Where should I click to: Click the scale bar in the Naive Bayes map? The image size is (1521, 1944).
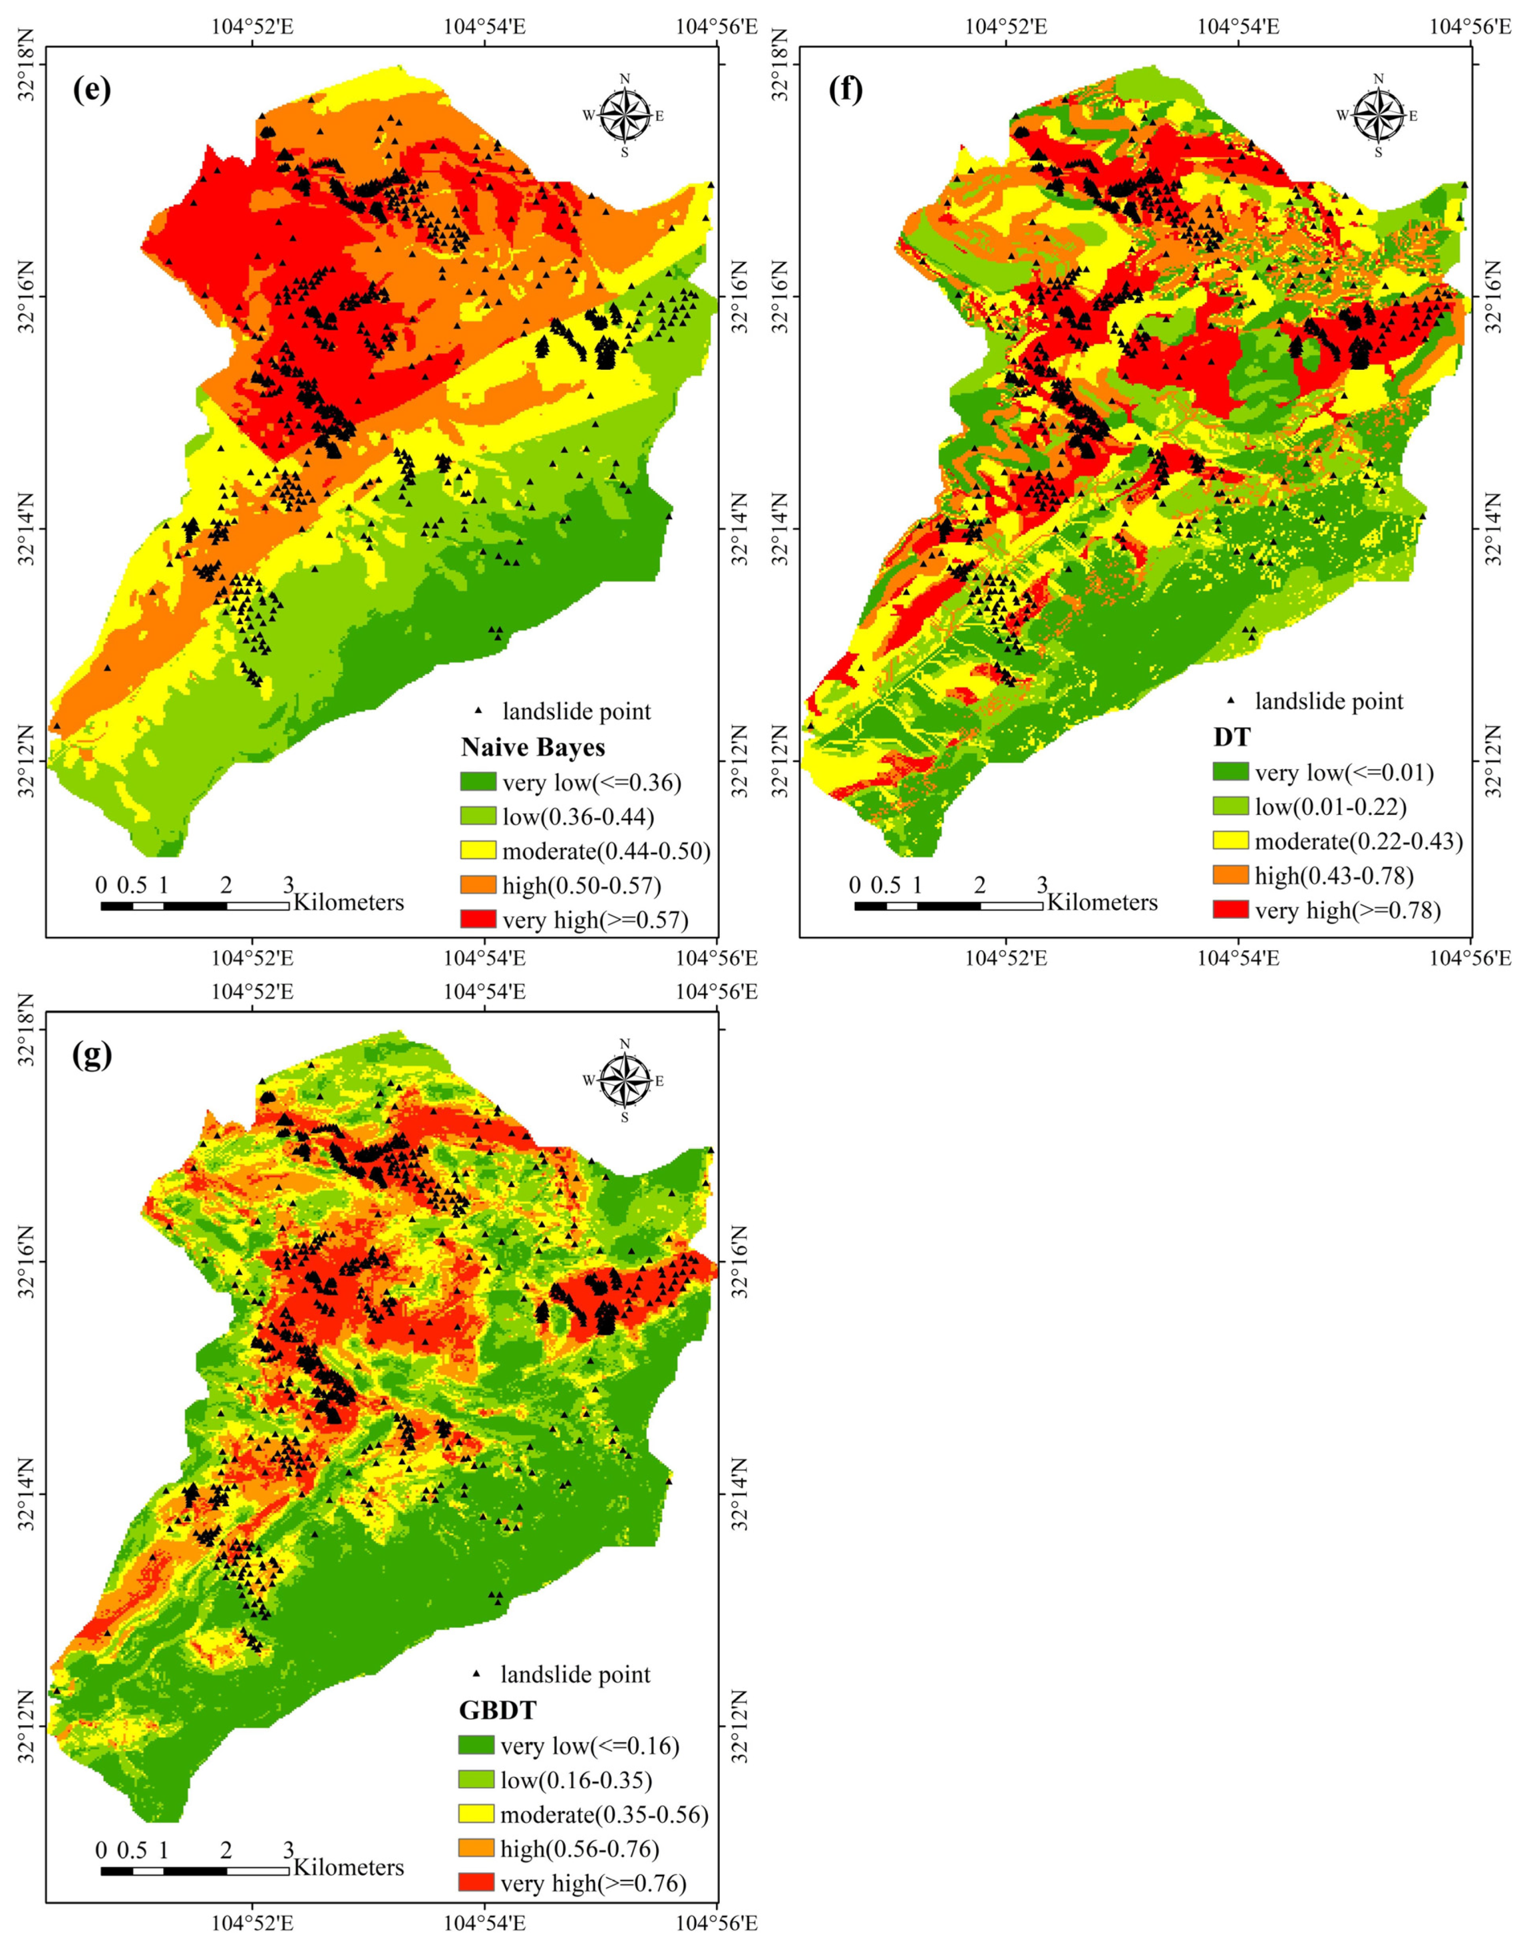tap(194, 906)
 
